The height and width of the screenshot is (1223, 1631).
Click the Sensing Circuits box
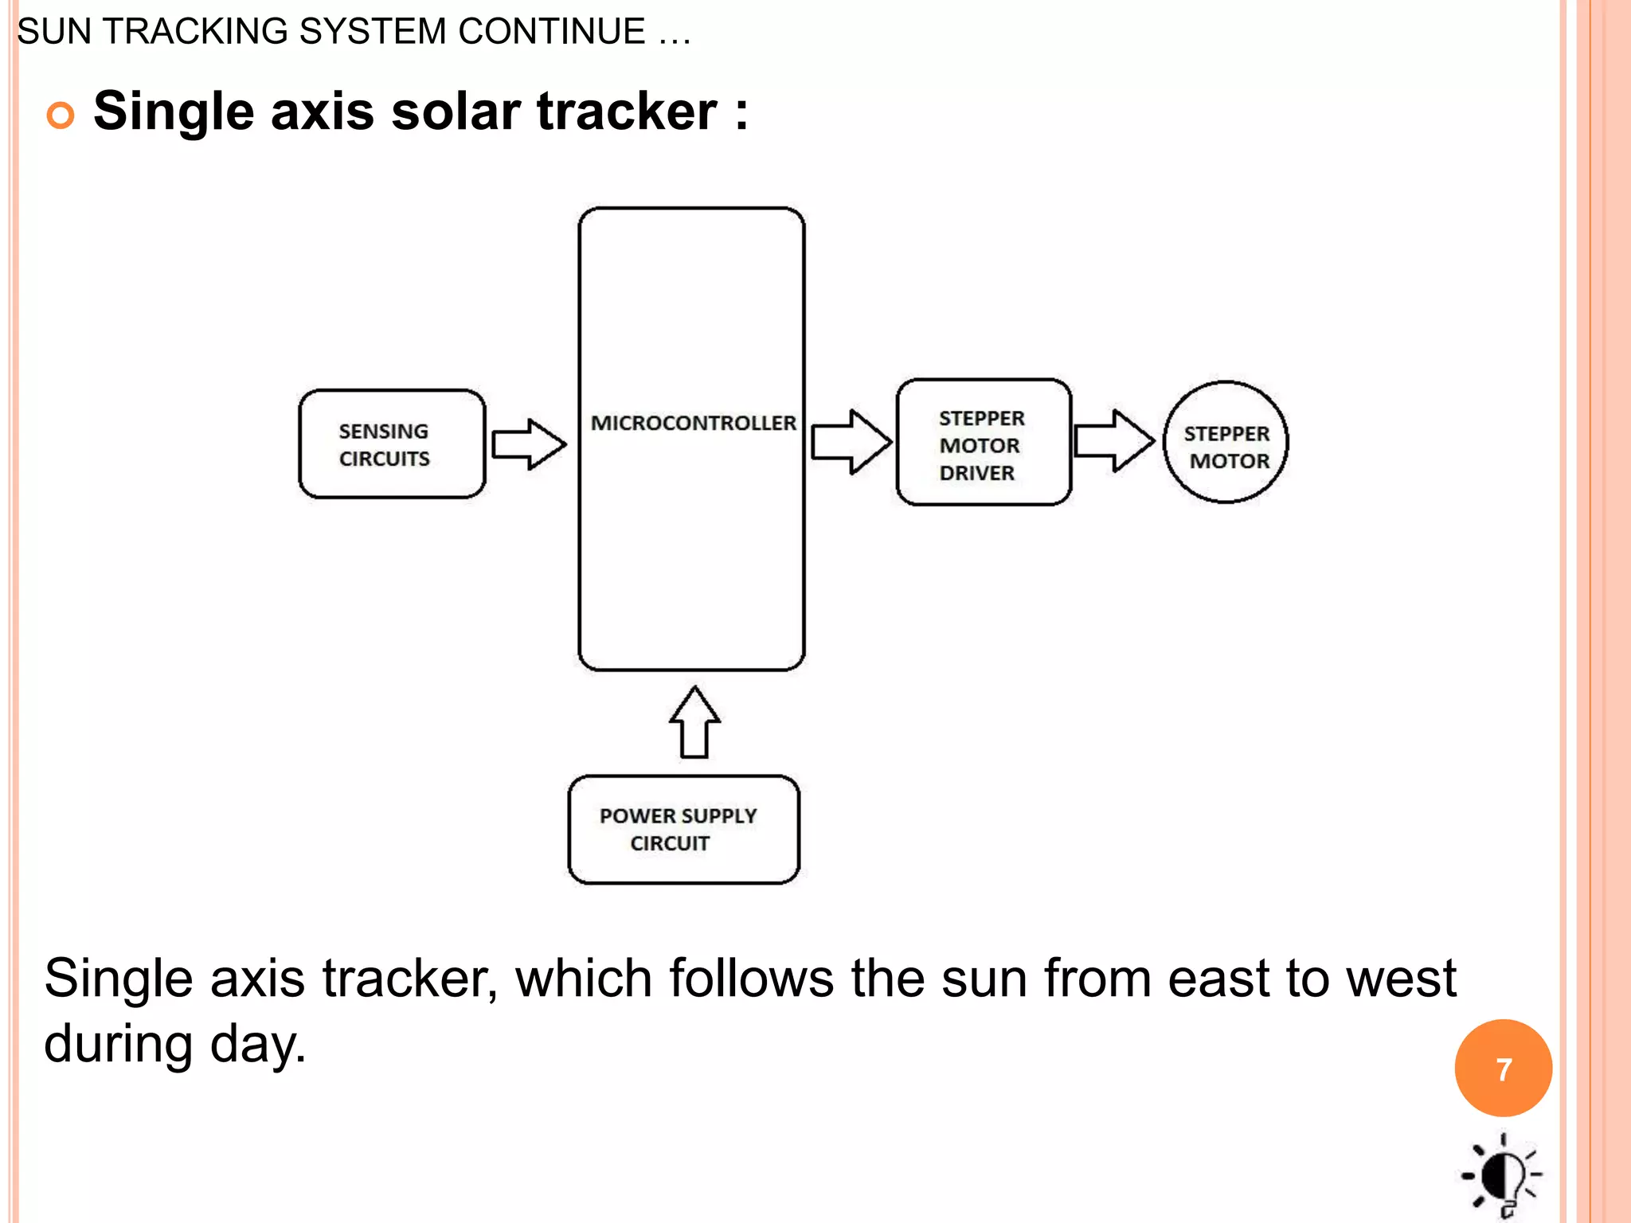tap(392, 443)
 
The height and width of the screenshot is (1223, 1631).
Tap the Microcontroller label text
tap(693, 423)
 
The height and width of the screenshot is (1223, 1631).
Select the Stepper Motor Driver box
tap(984, 443)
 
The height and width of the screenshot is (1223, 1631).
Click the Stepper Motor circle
tap(1226, 443)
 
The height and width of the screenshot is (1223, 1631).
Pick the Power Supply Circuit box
tap(683, 829)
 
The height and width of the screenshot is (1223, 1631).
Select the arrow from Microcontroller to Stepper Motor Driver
tap(851, 442)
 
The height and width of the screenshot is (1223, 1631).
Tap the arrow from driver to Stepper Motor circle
tap(1113, 440)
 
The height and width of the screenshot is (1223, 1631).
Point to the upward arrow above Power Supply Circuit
tap(694, 722)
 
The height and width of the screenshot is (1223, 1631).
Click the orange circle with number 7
tap(1503, 1069)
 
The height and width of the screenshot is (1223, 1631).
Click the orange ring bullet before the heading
tap(61, 115)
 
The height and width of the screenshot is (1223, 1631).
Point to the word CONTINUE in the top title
tap(551, 32)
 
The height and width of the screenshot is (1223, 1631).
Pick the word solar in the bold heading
tap(456, 111)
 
